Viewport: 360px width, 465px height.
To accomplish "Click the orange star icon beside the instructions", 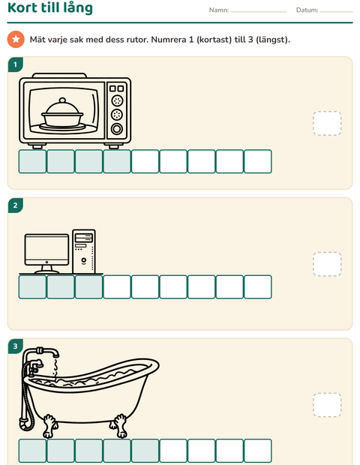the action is (16, 39).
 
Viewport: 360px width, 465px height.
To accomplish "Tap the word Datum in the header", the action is (307, 10).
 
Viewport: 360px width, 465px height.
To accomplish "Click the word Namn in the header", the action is (218, 10).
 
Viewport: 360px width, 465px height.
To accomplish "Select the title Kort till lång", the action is (50, 8).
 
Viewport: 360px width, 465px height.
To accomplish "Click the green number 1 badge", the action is (16, 64).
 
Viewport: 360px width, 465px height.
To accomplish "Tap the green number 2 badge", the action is (16, 205).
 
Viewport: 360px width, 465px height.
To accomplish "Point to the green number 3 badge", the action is (16, 346).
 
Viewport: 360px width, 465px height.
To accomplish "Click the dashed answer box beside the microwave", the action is (327, 123).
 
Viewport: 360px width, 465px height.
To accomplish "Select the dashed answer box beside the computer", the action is (327, 264).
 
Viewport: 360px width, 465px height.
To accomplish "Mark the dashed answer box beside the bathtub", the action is (327, 405).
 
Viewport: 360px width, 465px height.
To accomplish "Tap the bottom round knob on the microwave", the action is (117, 129).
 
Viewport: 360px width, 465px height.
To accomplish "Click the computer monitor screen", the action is (46, 248).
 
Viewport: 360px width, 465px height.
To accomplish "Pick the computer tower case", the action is (84, 251).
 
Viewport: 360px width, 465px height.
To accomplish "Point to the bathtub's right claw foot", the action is (121, 425).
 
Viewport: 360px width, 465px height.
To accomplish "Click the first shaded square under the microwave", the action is (32, 161).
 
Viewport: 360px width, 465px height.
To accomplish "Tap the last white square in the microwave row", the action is (258, 161).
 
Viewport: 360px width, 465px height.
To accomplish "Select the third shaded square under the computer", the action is (89, 287).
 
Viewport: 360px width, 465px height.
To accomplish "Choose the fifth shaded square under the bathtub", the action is (145, 451).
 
